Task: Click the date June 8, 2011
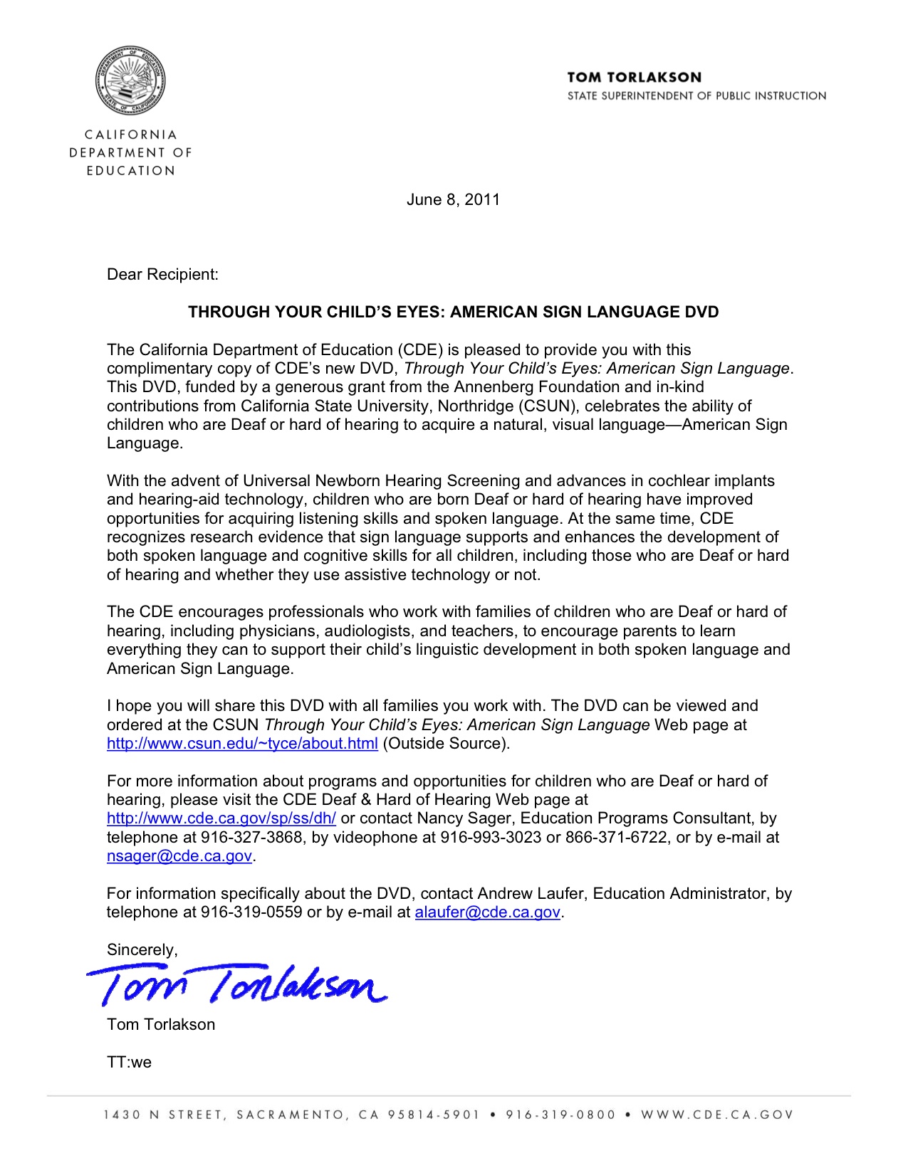453,200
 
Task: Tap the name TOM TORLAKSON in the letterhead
634,78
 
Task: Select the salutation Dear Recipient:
162,275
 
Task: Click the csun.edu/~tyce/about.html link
242,744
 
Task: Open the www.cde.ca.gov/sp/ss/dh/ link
221,818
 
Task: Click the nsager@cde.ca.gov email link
179,856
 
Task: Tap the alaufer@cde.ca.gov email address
488,912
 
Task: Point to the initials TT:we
129,1063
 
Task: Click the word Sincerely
141,950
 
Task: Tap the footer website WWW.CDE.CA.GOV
716,1115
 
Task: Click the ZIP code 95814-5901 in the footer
434,1115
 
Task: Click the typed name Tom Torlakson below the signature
161,1025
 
